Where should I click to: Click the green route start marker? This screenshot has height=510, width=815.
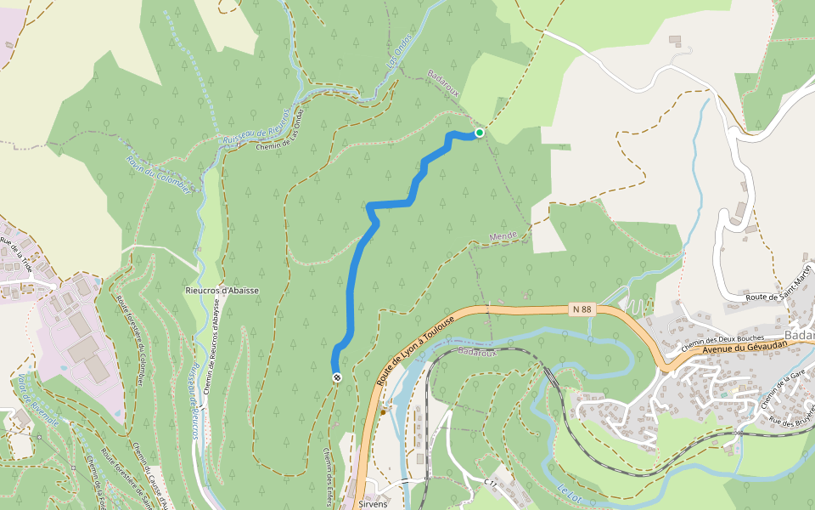(480, 133)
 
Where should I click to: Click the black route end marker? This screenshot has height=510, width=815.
(337, 377)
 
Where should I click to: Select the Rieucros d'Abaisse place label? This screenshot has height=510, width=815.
(222, 291)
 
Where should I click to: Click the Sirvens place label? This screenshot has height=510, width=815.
(374, 504)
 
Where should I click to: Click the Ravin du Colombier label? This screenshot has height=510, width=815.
(158, 174)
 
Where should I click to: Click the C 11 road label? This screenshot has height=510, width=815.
(490, 482)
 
